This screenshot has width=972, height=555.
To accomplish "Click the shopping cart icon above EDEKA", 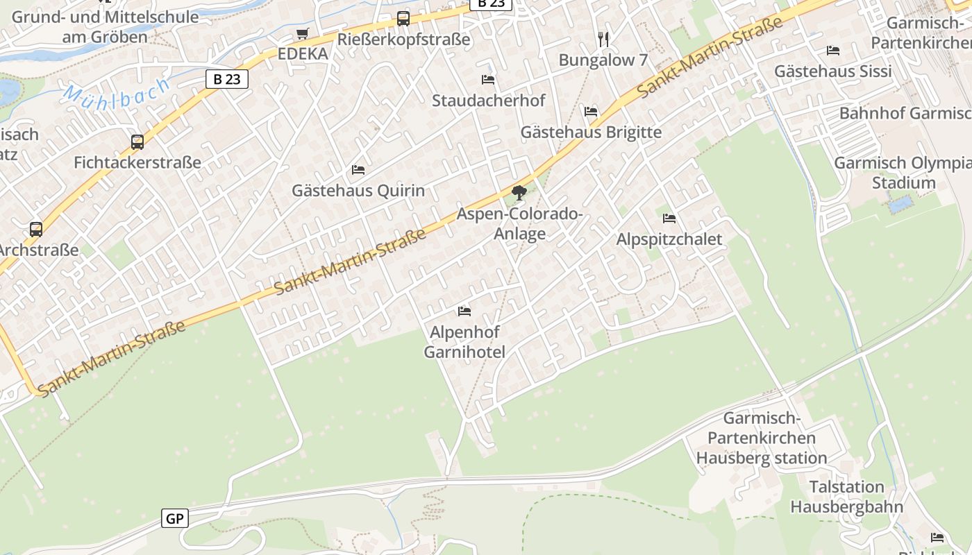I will (x=302, y=33).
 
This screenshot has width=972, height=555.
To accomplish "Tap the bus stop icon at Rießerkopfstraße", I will (x=403, y=19).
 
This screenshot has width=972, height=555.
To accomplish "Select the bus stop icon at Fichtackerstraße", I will (x=137, y=142).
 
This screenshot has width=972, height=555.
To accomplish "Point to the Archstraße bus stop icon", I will (x=36, y=229).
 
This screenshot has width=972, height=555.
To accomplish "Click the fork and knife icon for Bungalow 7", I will (x=603, y=40).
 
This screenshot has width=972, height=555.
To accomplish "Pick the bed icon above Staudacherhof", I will (x=488, y=80).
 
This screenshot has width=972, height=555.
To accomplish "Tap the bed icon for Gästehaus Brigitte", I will (x=591, y=111).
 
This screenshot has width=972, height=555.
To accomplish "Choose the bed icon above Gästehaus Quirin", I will (x=358, y=169).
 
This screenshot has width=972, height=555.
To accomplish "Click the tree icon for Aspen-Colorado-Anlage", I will (x=519, y=193).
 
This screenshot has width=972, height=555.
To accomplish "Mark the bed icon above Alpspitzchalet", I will (x=669, y=218).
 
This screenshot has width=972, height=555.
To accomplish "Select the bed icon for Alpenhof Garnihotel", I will (x=464, y=311).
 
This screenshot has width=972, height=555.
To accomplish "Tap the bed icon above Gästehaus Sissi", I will (x=833, y=51).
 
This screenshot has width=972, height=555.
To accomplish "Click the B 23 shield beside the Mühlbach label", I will (x=227, y=79).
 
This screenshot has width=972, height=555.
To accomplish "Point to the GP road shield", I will (x=175, y=518).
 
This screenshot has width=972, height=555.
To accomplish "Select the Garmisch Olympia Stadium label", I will (x=903, y=173).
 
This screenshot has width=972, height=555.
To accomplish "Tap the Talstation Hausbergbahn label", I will (x=847, y=497).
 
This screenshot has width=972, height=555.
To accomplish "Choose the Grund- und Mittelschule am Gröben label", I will (x=105, y=26).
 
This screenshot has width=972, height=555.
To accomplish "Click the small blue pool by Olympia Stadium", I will (x=900, y=204).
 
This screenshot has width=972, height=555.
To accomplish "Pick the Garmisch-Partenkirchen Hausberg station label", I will (x=762, y=438).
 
